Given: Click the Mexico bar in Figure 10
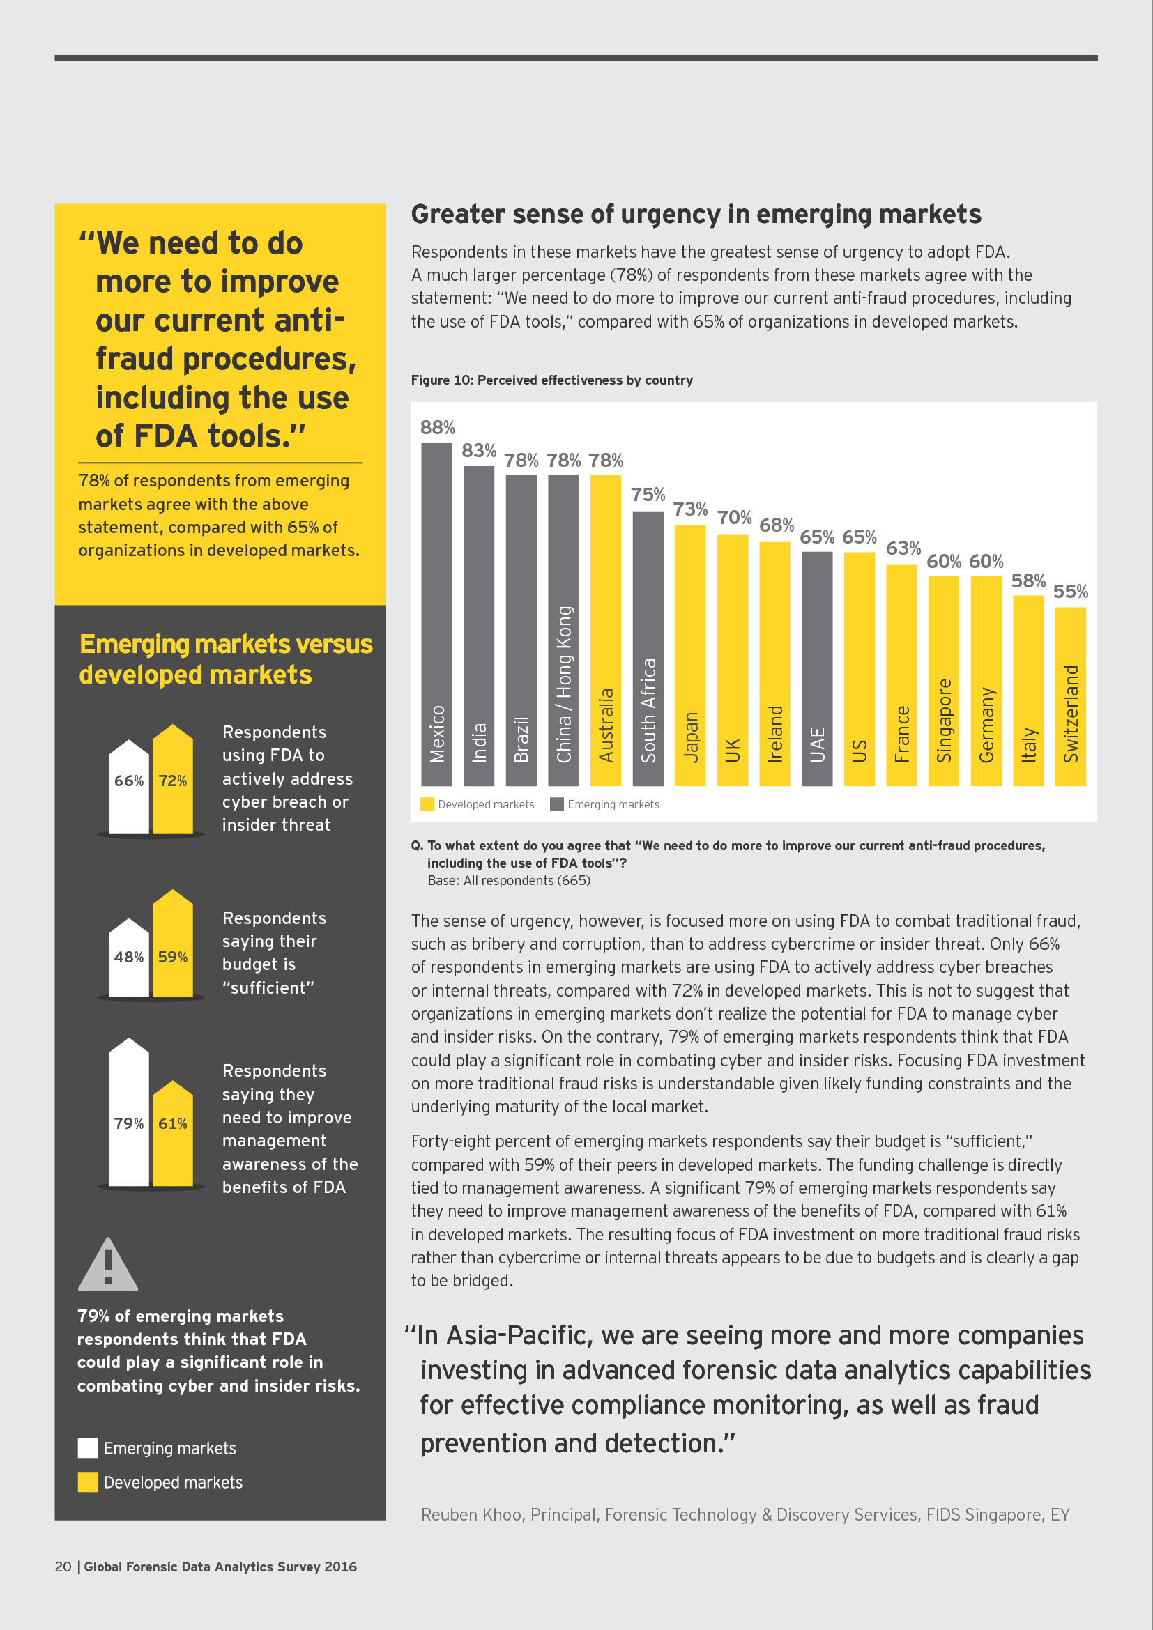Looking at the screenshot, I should coord(436,613).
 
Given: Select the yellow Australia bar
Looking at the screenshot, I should coord(606,630).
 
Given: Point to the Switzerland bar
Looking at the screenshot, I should coord(1070,695).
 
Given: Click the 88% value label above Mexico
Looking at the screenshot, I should coord(437,427).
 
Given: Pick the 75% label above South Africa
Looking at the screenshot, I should coord(648,495).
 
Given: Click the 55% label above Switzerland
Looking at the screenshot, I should coord(1070,592).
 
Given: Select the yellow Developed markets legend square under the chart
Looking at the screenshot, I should coord(427,804).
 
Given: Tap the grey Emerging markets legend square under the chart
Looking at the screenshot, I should coord(556,804).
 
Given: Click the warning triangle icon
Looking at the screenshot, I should coord(108,1266).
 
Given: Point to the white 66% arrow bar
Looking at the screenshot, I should coord(128,788).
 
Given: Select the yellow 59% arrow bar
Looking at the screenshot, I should coord(172,944).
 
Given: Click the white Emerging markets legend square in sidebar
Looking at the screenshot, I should coord(88,1448).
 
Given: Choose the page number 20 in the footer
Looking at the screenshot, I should coord(63,1567).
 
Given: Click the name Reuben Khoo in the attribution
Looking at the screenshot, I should coord(471,1515).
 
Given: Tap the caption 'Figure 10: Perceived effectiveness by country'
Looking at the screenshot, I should coord(551,380).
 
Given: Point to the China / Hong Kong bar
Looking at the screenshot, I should coord(564,630).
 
